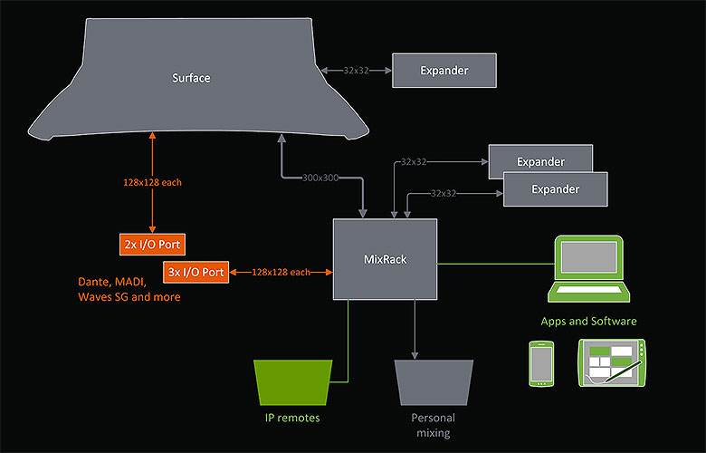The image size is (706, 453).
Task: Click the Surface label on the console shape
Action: [191, 78]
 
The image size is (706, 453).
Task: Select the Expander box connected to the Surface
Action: [444, 70]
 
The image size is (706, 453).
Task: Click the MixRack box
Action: [386, 259]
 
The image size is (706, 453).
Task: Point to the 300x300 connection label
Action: [320, 178]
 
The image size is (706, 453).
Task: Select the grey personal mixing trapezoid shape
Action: [434, 381]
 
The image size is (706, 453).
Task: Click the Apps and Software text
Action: [588, 321]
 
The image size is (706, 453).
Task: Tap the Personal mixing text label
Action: [434, 425]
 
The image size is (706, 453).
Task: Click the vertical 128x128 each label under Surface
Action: [152, 183]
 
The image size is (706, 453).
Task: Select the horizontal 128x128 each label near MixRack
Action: [281, 272]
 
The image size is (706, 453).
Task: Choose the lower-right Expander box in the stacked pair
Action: [555, 189]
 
